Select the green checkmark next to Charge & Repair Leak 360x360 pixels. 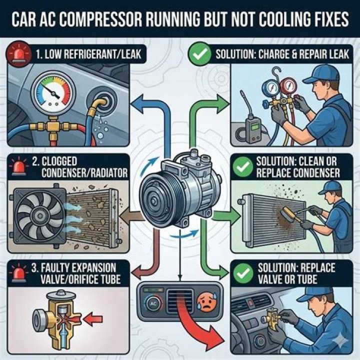[199, 53]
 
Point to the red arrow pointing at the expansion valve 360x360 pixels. [93, 318]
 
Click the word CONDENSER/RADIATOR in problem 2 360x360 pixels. [84, 173]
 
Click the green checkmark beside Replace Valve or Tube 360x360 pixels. [243, 272]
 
